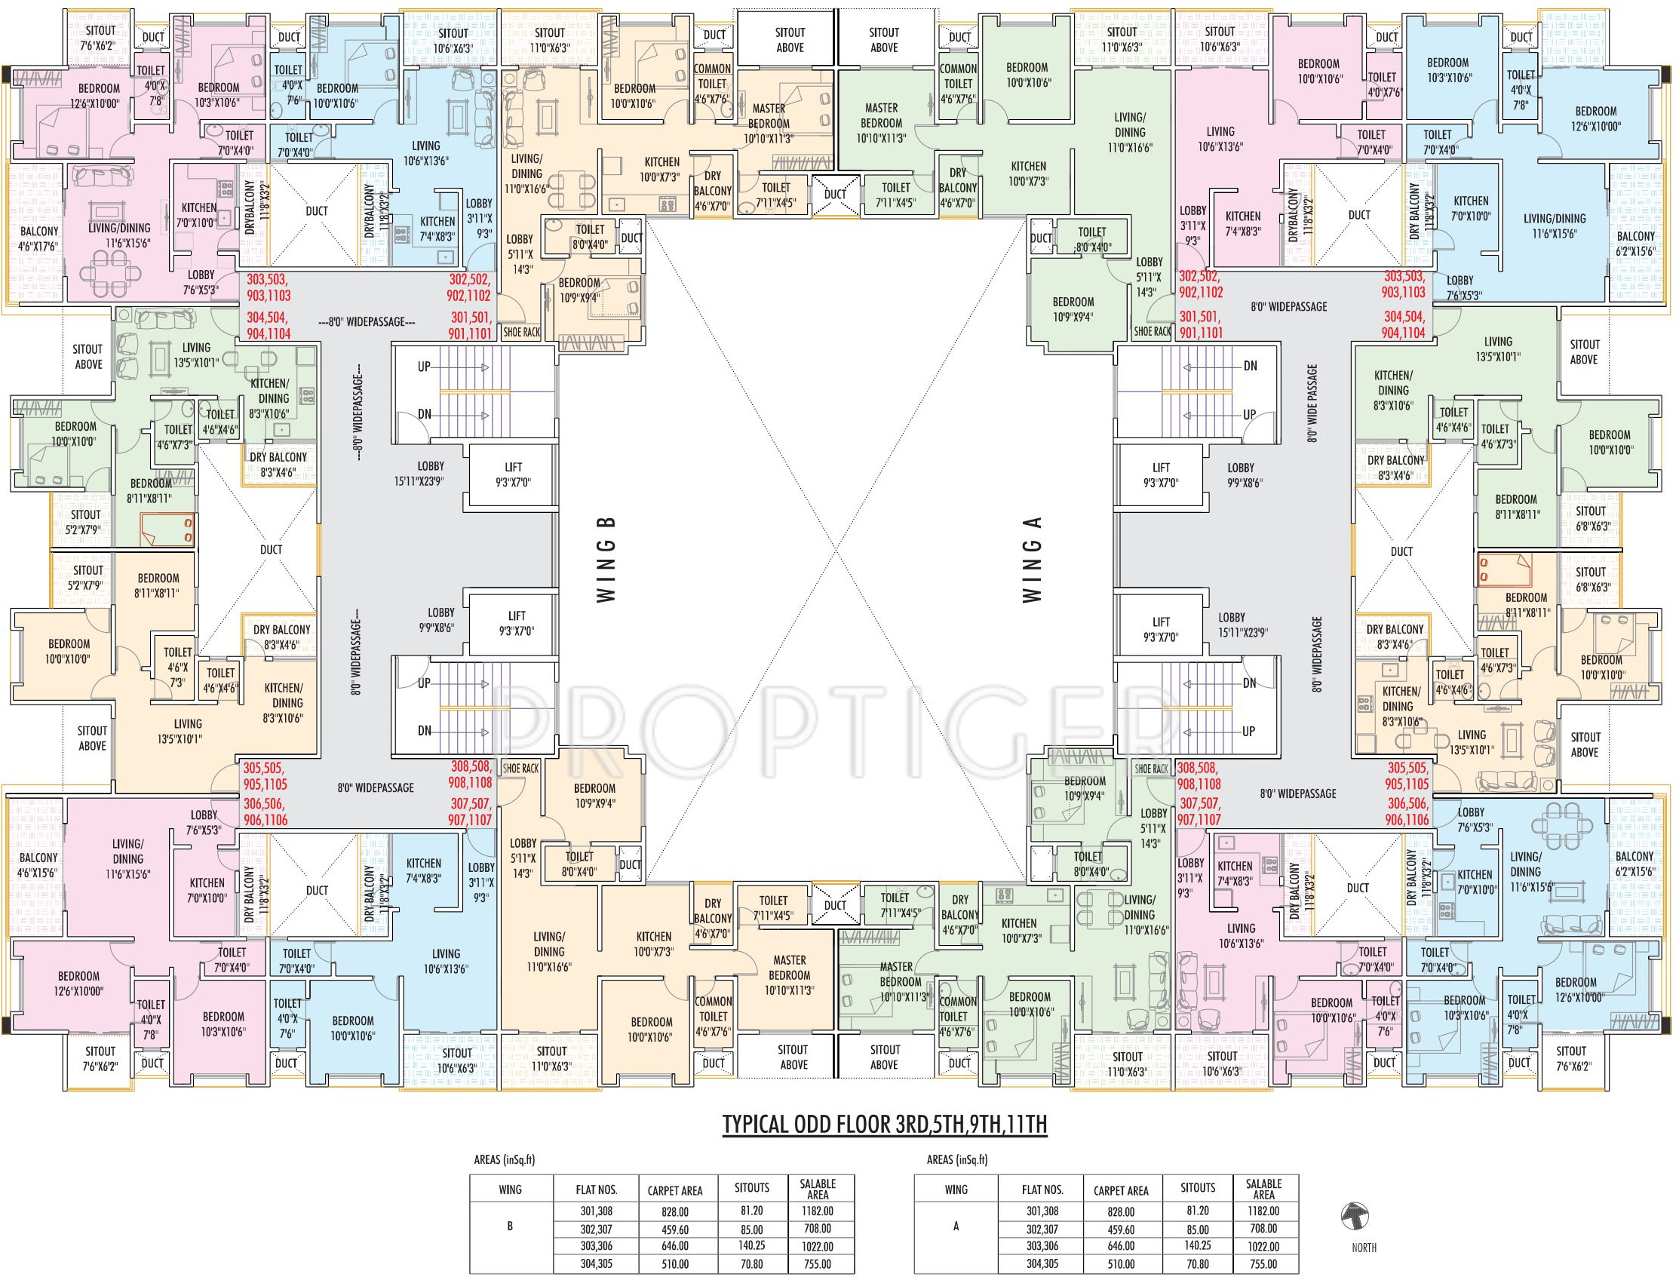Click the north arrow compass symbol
[x=1354, y=1217]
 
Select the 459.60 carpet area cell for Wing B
[x=674, y=1229]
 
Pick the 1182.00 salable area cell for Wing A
[x=1263, y=1211]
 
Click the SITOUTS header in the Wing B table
[x=751, y=1187]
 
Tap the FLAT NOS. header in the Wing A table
[x=1042, y=1189]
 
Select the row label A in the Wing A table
[x=956, y=1226]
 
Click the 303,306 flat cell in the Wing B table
[x=596, y=1247]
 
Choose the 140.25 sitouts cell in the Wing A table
[x=1198, y=1247]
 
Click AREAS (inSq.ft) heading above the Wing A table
[x=957, y=1159]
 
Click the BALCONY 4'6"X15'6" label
[x=38, y=864]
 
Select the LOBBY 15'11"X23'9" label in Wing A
[x=1232, y=625]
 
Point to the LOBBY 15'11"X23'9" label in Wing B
[x=431, y=473]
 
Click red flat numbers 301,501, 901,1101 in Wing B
[x=471, y=324]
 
